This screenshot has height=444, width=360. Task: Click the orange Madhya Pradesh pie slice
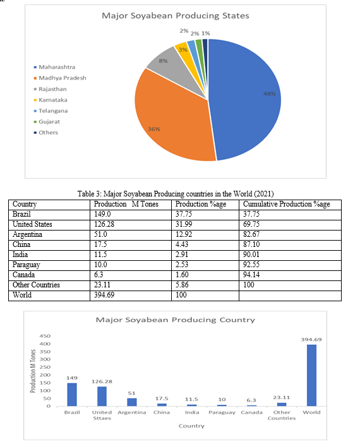click(170, 122)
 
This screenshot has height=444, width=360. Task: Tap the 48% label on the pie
click(269, 93)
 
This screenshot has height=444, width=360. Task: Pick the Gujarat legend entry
click(47, 122)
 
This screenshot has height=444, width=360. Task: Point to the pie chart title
click(176, 16)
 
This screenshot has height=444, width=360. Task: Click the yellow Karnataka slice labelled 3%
click(182, 49)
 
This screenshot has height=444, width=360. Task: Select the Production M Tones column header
click(126, 204)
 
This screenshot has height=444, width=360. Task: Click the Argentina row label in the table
click(28, 234)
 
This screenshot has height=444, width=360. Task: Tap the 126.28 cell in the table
click(104, 224)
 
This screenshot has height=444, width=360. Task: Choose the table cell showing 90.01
click(251, 255)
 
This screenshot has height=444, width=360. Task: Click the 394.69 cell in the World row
click(104, 295)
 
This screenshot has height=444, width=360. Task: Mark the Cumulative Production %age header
click(286, 204)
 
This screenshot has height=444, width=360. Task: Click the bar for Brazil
click(72, 395)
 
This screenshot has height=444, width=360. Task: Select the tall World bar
click(311, 375)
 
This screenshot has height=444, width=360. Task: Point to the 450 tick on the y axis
click(45, 336)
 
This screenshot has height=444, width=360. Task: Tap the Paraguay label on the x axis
click(222, 412)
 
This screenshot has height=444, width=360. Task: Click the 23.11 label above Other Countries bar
click(282, 397)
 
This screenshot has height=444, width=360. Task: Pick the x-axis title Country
click(191, 426)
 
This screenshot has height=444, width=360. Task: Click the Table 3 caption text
click(176, 194)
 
